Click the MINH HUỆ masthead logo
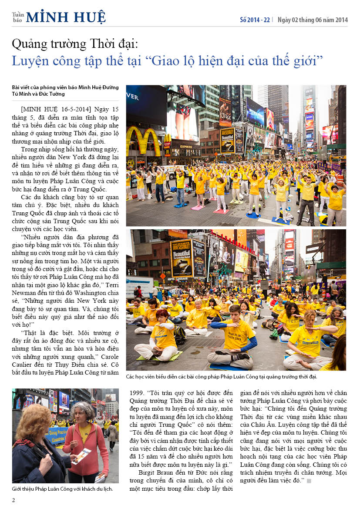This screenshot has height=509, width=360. (65, 17)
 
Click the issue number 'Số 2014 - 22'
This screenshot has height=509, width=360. (255, 20)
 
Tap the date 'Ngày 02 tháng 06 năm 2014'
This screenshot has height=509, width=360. (313, 20)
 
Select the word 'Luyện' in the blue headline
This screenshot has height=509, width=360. (29, 60)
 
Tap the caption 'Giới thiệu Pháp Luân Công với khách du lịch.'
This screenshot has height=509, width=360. (62, 489)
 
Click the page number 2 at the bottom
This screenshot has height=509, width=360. (13, 500)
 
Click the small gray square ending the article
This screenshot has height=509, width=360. (309, 481)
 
